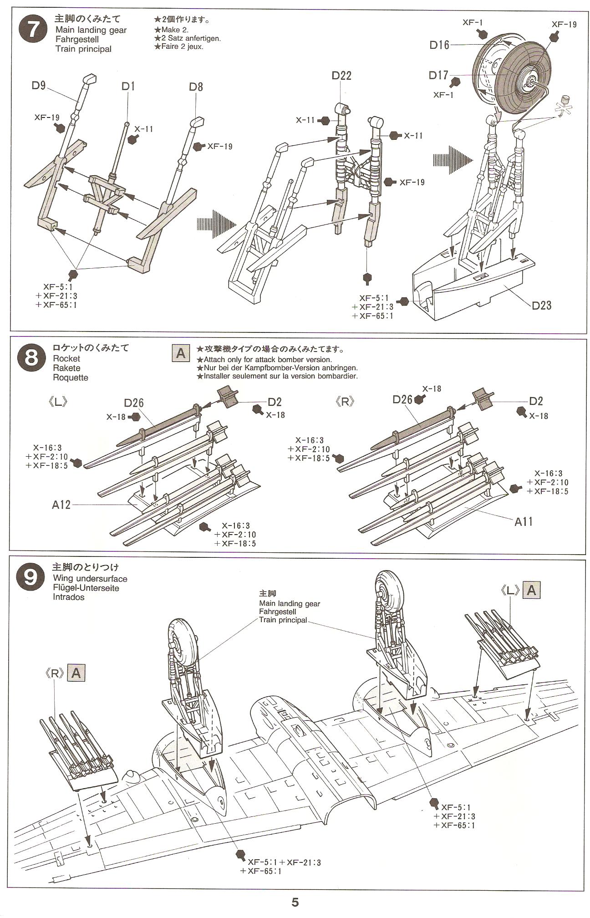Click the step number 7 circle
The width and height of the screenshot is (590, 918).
click(32, 30)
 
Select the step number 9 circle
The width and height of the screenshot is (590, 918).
click(30, 577)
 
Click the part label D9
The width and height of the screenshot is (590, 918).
click(39, 85)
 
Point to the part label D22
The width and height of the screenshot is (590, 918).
click(341, 76)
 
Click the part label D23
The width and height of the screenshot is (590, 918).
click(541, 305)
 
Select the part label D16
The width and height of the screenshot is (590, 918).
click(439, 45)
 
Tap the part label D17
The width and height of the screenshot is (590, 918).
click(438, 75)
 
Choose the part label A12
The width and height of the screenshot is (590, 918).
click(61, 505)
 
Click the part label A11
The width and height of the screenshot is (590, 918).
click(523, 521)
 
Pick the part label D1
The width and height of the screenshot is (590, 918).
click(128, 86)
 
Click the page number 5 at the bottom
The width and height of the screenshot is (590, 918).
click(295, 903)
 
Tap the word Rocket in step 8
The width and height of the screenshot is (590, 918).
click(66, 358)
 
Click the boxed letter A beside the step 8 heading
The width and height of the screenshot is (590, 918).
click(181, 353)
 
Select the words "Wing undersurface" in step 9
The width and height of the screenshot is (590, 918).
click(90, 579)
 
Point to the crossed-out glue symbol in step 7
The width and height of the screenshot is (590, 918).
click(564, 108)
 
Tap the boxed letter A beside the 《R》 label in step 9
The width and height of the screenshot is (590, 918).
click(76, 673)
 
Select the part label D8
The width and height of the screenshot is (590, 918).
click(196, 87)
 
